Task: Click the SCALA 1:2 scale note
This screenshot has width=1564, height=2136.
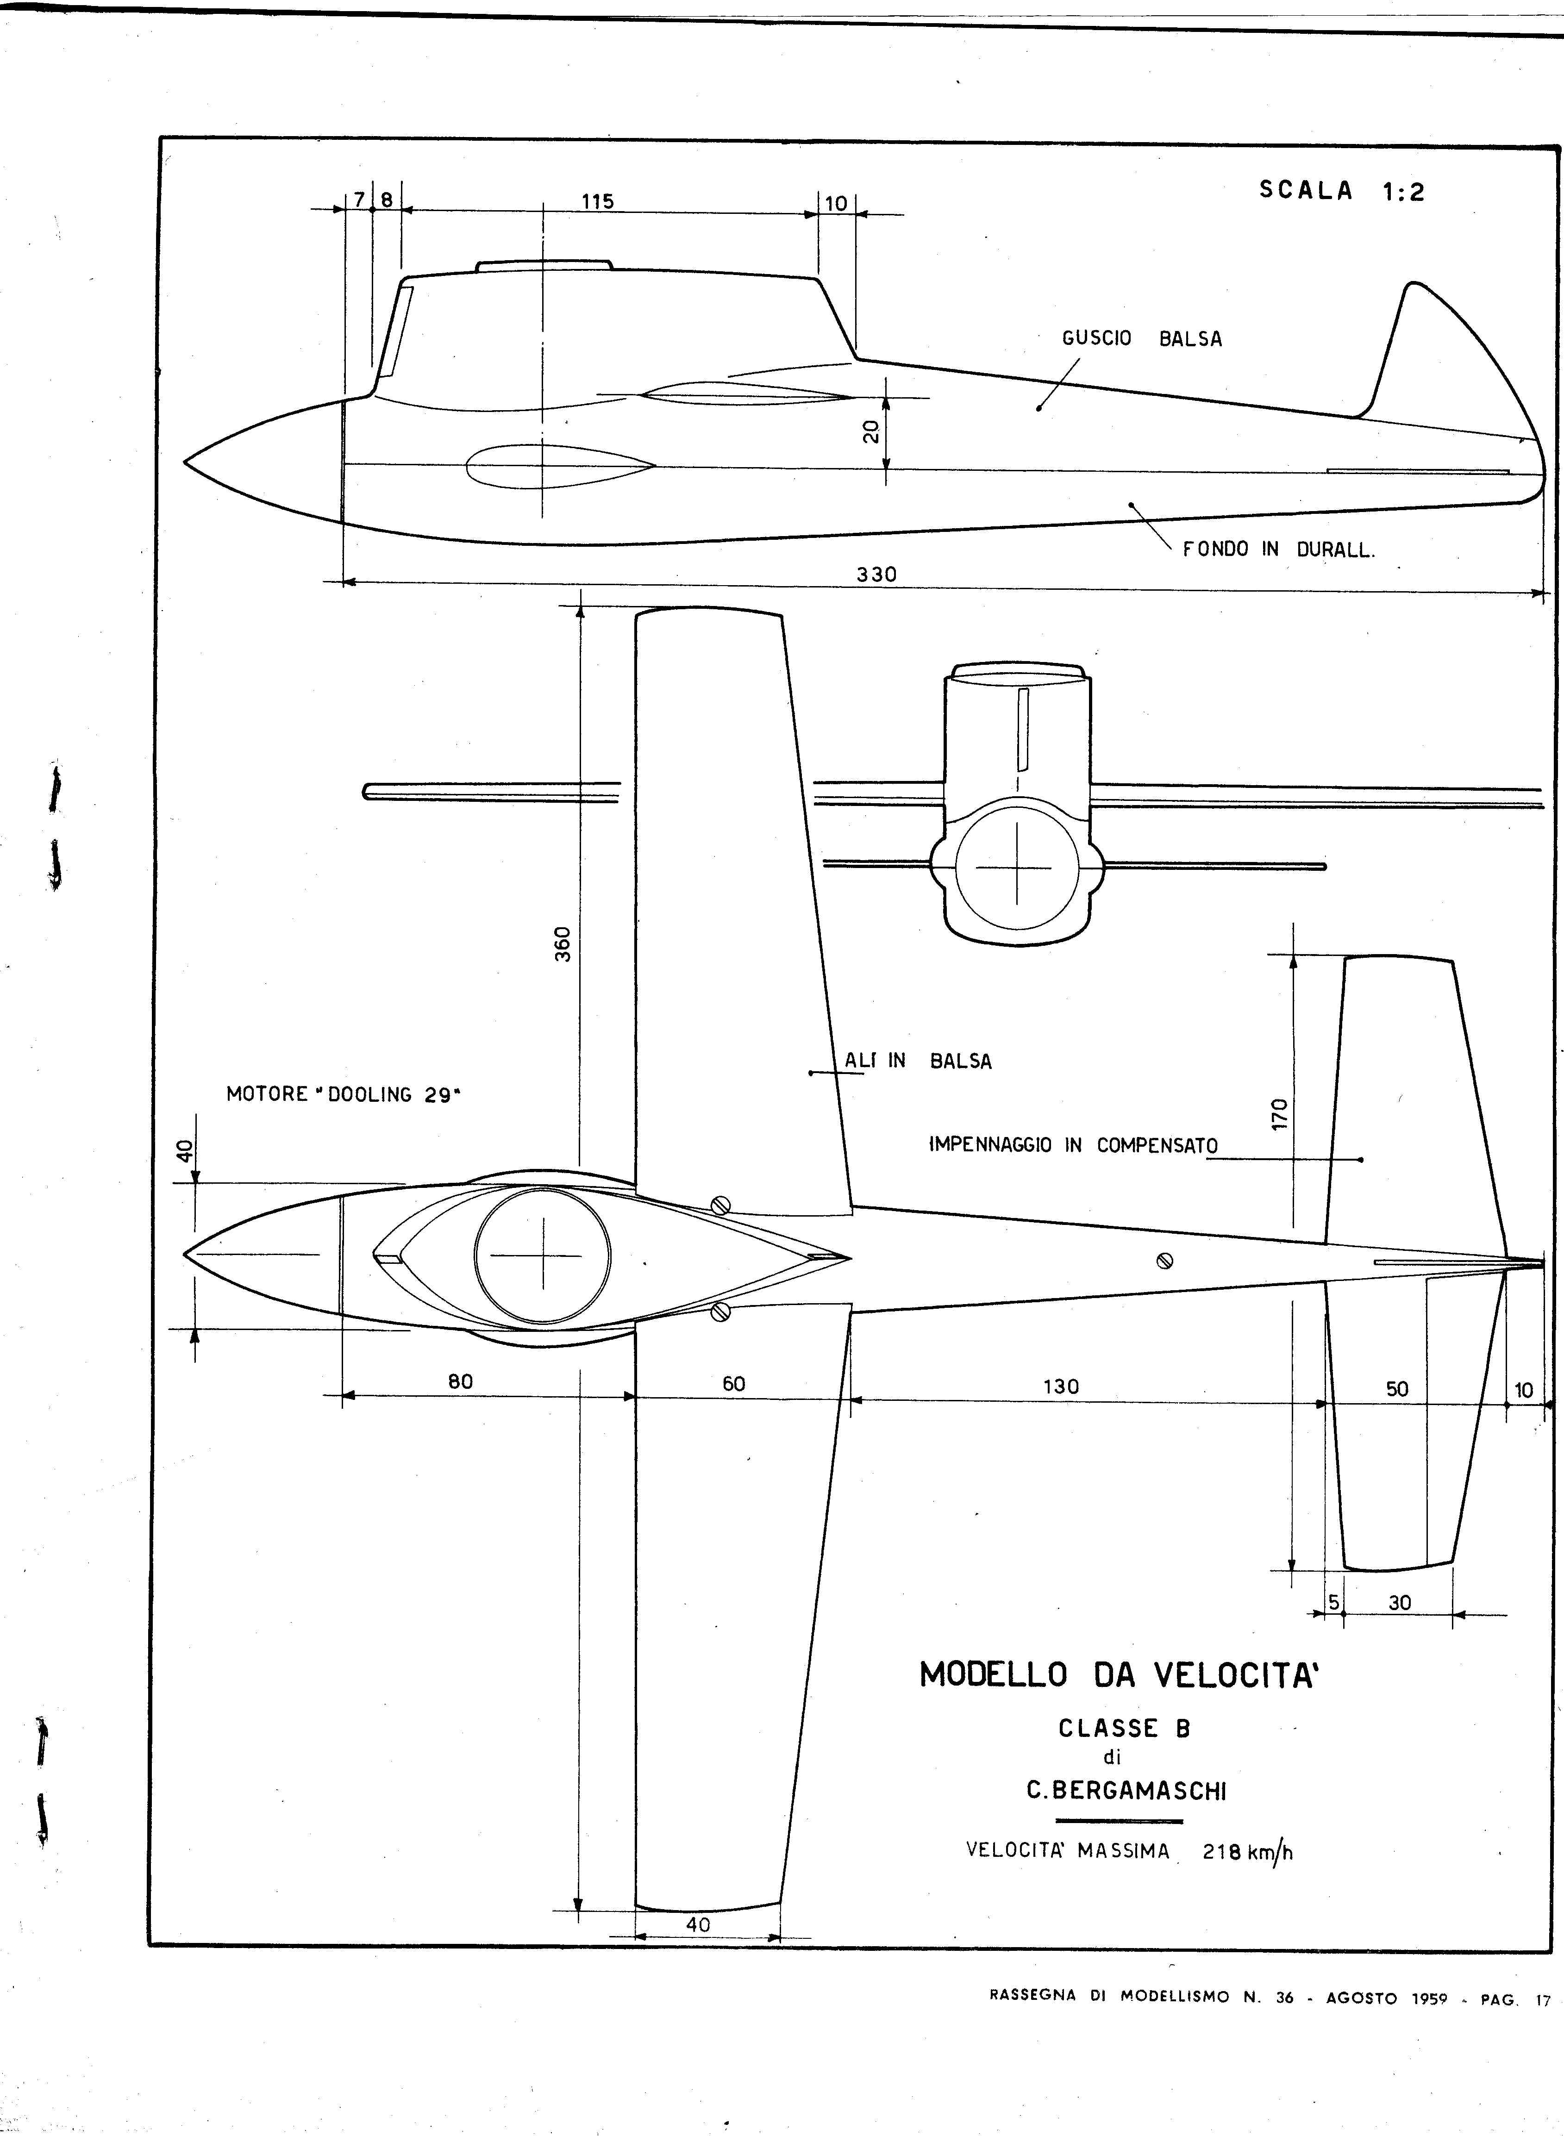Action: [x=1340, y=190]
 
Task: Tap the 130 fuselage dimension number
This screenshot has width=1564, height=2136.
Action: [x=1060, y=1387]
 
